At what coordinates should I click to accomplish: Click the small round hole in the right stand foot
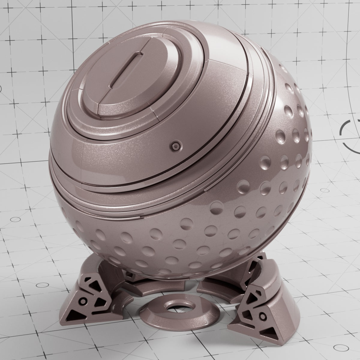pos(263,316)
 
